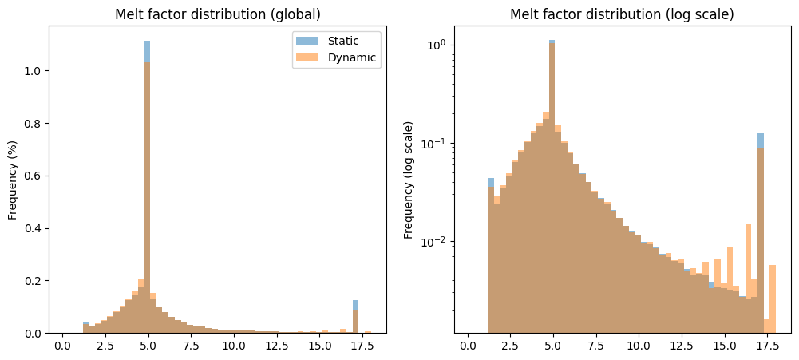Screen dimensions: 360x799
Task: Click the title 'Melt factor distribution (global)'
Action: pos(217,15)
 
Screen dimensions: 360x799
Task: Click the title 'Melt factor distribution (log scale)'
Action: pos(622,15)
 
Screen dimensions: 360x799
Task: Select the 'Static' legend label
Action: pos(344,41)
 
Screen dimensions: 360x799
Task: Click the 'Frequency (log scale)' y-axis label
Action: pos(409,180)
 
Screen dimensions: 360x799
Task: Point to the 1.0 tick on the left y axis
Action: pos(34,71)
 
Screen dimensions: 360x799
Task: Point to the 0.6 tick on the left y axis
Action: pos(34,176)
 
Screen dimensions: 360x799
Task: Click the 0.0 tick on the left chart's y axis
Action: pos(34,333)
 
